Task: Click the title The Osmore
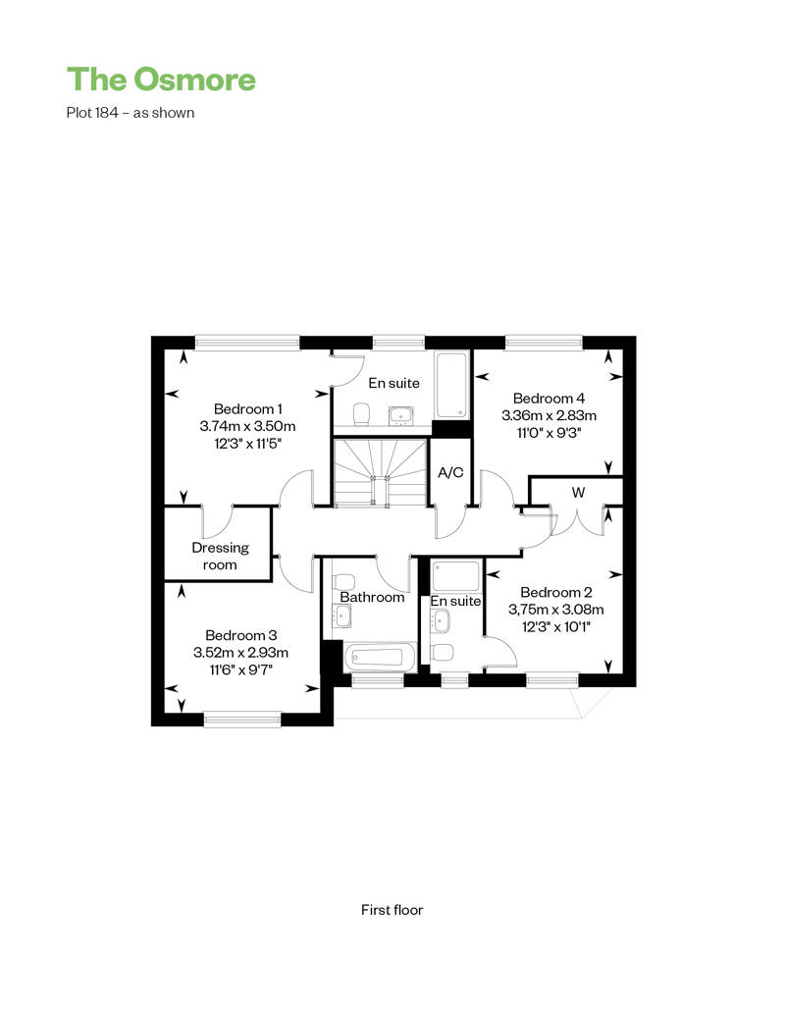coord(161,80)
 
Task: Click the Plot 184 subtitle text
coord(131,112)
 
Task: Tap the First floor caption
coord(392,910)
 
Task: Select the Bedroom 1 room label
coord(247,408)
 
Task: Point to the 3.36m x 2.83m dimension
coord(549,415)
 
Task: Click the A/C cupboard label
coord(450,472)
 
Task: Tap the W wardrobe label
coord(578,492)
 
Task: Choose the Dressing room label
coord(220,556)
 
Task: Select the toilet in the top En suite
coord(361,414)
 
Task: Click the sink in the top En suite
coord(401,416)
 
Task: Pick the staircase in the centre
coord(380,472)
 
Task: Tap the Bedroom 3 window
coord(242,719)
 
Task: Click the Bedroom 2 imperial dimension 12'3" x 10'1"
coord(556,626)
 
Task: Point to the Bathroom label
coord(372,597)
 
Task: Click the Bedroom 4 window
coord(544,342)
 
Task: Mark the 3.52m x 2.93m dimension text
coord(240,653)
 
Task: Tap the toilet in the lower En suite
coord(442,653)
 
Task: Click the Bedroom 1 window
coord(247,342)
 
